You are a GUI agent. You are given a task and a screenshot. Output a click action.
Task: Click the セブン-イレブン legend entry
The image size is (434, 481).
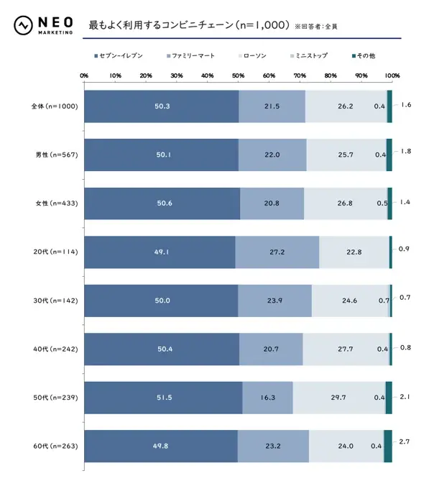[122, 55]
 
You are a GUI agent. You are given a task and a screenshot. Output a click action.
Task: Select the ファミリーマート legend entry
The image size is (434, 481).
[191, 55]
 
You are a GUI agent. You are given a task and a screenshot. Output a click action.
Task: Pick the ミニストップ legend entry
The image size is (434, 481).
[311, 55]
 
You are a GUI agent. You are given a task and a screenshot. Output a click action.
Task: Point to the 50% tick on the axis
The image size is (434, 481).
[238, 75]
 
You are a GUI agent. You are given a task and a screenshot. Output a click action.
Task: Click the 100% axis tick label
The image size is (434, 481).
[392, 75]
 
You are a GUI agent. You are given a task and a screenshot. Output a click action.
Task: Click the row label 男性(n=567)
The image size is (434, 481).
[56, 155]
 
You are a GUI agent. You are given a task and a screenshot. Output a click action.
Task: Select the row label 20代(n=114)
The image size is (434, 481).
[56, 252]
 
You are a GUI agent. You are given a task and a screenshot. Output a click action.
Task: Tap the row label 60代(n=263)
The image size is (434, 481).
[56, 446]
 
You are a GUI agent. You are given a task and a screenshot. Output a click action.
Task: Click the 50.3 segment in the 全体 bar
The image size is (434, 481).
[162, 106]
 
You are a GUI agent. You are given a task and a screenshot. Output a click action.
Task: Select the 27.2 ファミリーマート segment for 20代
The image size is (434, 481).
[277, 252]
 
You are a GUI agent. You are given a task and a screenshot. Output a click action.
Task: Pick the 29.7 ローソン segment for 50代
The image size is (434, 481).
[338, 398]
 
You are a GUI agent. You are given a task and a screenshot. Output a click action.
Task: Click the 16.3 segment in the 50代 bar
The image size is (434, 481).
[267, 398]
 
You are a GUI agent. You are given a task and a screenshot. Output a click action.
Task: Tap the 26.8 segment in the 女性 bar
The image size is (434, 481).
[345, 203]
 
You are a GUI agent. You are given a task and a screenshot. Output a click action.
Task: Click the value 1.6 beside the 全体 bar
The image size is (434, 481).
[405, 105]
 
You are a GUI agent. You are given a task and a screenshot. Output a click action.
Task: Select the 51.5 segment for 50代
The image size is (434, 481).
[163, 398]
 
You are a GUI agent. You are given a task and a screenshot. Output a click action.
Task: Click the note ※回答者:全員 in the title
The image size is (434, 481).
[316, 27]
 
